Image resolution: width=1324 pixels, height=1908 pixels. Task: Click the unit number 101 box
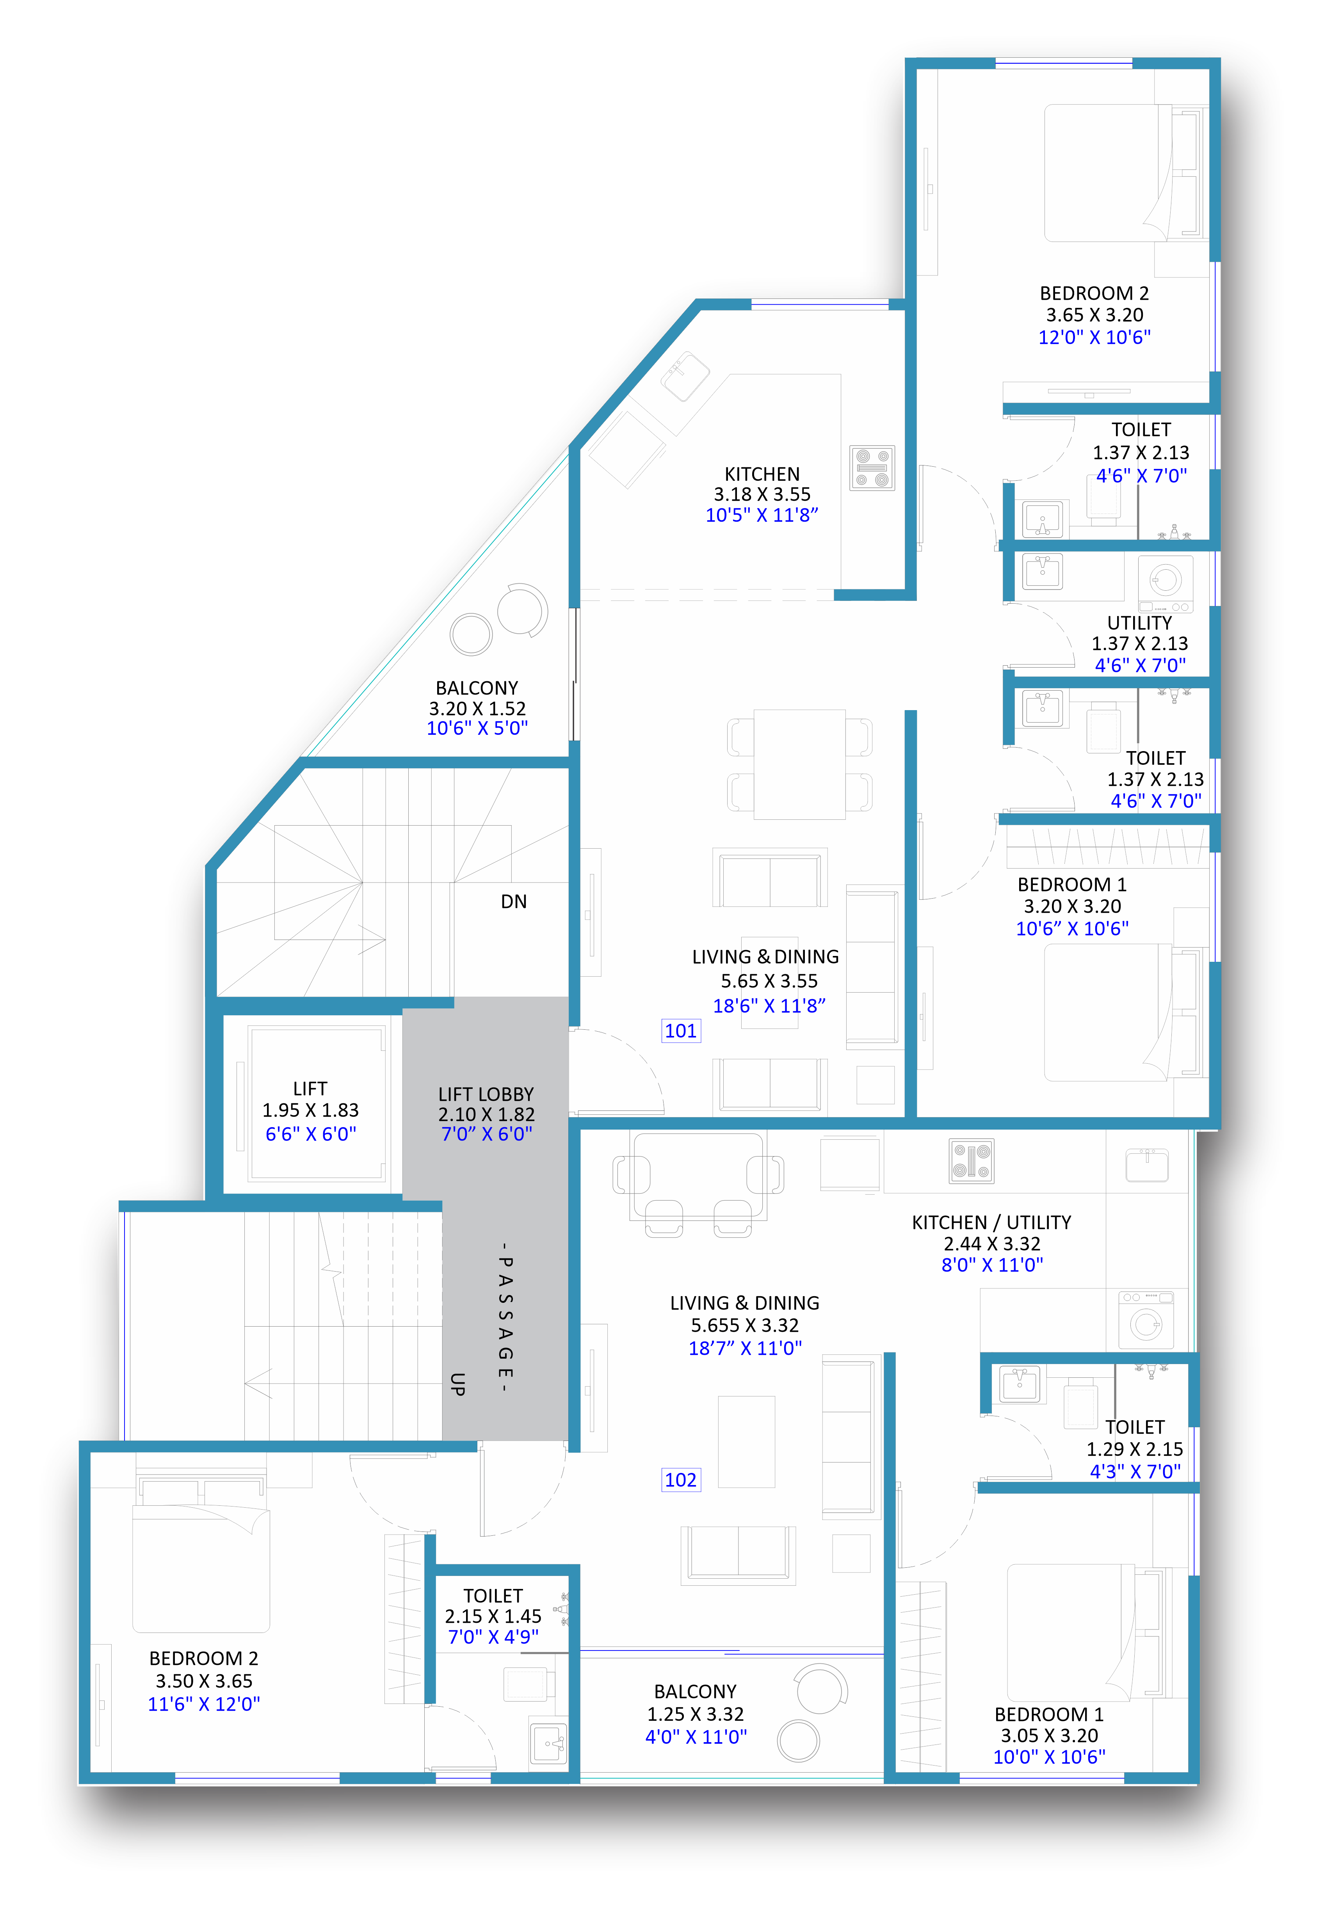point(681,1031)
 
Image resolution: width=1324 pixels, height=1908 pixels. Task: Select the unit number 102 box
point(681,1480)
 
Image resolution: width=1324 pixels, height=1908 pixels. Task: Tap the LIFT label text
point(310,1089)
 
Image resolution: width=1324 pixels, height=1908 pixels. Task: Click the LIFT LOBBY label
point(486,1094)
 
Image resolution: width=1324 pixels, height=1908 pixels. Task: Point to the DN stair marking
point(514,901)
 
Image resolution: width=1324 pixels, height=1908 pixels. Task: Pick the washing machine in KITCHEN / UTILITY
point(1146,1320)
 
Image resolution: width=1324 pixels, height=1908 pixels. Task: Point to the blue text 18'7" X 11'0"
point(745,1348)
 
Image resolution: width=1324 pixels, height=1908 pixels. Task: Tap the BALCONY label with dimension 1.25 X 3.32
point(695,1691)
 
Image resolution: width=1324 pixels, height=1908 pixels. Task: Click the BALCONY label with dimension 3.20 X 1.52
point(477,688)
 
